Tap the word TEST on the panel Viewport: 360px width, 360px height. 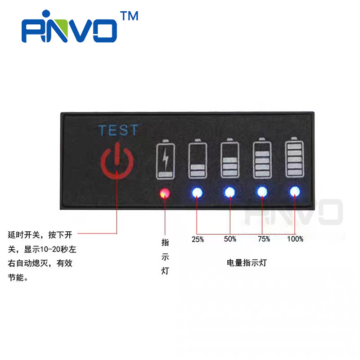point(118,130)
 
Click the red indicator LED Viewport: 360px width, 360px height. point(165,193)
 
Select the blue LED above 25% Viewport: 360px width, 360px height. point(197,193)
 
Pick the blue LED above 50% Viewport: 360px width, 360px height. point(230,193)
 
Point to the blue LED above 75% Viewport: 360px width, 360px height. point(262,193)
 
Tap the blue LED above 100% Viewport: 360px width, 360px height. point(295,192)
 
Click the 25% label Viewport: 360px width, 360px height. point(198,239)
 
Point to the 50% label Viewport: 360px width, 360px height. point(230,239)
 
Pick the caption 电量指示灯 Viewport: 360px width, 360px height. point(247,263)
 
